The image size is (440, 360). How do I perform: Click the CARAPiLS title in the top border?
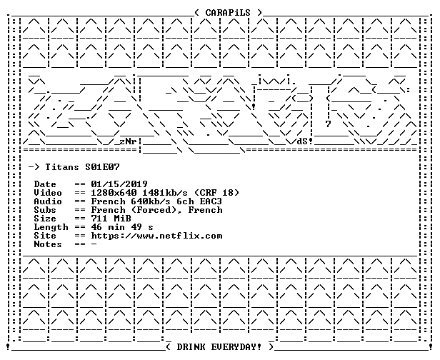pyautogui.click(x=228, y=13)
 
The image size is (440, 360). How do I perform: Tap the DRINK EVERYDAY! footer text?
pyautogui.click(x=219, y=347)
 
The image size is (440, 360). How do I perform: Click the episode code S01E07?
pyautogui.click(x=102, y=167)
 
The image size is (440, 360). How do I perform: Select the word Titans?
pyautogui.click(x=62, y=167)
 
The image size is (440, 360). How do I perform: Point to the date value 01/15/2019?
pyautogui.click(x=119, y=184)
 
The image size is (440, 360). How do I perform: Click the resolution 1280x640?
pyautogui.click(x=114, y=193)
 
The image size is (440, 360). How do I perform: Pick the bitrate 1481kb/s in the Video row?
pyautogui.click(x=165, y=193)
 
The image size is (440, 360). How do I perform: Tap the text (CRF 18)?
pyautogui.click(x=216, y=193)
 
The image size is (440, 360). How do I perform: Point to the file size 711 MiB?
pyautogui.click(x=111, y=219)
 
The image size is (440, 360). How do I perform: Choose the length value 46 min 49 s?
pyautogui.click(x=122, y=227)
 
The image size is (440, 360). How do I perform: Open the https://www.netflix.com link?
pyautogui.click(x=156, y=236)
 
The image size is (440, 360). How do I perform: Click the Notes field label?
pyautogui.click(x=48, y=244)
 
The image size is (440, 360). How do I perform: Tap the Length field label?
pyautogui.click(x=51, y=227)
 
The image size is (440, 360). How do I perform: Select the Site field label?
pyautogui.click(x=45, y=236)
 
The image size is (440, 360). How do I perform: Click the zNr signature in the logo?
pyautogui.click(x=128, y=141)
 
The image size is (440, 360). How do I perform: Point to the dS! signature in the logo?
pyautogui.click(x=305, y=141)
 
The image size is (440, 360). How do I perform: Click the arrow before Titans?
pyautogui.click(x=34, y=167)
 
